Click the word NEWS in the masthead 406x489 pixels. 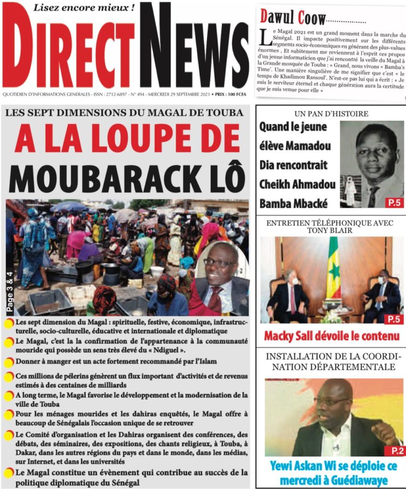pyautogui.click(x=193, y=53)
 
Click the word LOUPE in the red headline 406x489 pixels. pyautogui.click(x=143, y=139)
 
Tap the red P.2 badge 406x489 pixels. pyautogui.click(x=393, y=450)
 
